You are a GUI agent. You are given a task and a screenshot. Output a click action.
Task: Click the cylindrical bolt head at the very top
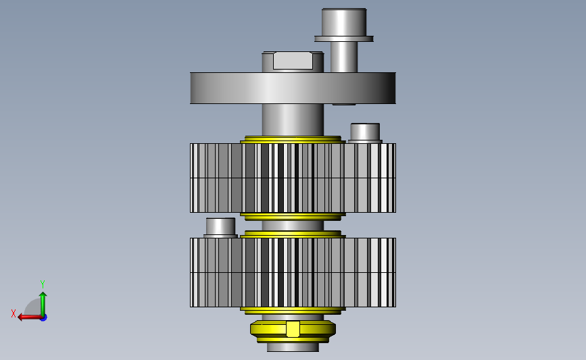pyautogui.click(x=343, y=21)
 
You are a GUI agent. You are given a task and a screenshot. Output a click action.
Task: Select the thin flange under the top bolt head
pyautogui.click(x=343, y=38)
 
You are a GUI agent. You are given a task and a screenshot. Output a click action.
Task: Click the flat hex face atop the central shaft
pyautogui.click(x=293, y=61)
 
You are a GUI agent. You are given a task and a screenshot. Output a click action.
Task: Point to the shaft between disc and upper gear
pyautogui.click(x=293, y=120)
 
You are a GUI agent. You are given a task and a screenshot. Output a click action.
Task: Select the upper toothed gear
pyautogui.click(x=216, y=178)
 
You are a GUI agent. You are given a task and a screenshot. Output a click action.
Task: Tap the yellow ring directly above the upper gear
pyautogui.click(x=292, y=139)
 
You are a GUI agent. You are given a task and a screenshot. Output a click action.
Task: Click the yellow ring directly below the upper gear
pyautogui.click(x=292, y=216)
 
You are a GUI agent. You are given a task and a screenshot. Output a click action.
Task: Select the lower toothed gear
pyautogui.click(x=216, y=272)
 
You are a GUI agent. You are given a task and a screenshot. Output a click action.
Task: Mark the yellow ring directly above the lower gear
pyautogui.click(x=292, y=234)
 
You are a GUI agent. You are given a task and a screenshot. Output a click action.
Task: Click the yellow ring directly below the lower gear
pyautogui.click(x=292, y=311)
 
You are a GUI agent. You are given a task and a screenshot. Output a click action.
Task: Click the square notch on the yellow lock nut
pyautogui.click(x=293, y=329)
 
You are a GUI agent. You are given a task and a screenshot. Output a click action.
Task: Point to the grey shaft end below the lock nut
pyautogui.click(x=293, y=347)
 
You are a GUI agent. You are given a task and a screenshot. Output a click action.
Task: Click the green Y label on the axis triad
pyautogui.click(x=42, y=284)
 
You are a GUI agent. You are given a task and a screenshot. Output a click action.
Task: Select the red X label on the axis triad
pyautogui.click(x=14, y=313)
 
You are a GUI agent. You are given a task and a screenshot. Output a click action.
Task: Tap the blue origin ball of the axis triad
pyautogui.click(x=43, y=317)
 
